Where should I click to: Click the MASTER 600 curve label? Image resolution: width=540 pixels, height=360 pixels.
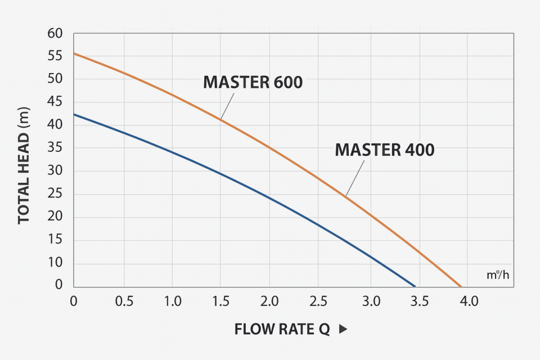pyautogui.click(x=253, y=82)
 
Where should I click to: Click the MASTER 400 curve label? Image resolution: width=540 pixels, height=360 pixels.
pyautogui.click(x=385, y=150)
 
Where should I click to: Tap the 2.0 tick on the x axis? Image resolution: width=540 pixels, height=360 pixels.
pyautogui.click(x=269, y=301)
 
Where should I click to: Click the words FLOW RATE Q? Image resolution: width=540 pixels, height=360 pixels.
pyautogui.click(x=282, y=330)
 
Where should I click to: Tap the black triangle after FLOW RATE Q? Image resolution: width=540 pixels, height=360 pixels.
pyautogui.click(x=343, y=330)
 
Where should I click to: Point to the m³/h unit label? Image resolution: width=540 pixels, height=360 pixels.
pyautogui.click(x=497, y=276)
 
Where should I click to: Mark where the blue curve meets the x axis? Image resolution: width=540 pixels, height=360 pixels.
pyautogui.click(x=415, y=286)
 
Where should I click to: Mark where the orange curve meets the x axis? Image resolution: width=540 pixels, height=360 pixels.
pyautogui.click(x=461, y=286)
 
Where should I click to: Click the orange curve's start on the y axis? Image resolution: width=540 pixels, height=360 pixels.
pyautogui.click(x=74, y=53)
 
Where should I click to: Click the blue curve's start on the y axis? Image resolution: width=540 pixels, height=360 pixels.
pyautogui.click(x=74, y=114)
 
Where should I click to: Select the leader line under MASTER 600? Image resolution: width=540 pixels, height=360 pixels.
pyautogui.click(x=227, y=105)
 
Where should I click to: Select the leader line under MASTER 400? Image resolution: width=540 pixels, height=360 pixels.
pyautogui.click(x=355, y=178)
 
